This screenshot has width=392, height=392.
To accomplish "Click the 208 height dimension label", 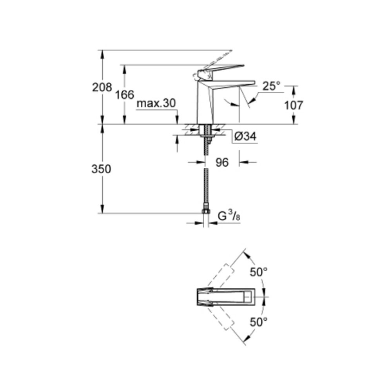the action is coord(102,87).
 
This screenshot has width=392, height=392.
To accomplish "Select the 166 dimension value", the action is coord(125,95).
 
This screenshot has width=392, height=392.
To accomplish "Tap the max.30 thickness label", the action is coord(156,103).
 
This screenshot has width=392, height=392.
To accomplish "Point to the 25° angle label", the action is coord(272,86).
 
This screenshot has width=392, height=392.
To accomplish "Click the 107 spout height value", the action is coord(294,105).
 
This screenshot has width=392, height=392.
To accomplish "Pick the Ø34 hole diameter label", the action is coord(245,136).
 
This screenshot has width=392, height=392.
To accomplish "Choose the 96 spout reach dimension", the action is coord(222,163).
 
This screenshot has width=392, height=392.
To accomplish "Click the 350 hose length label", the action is coord(101,169).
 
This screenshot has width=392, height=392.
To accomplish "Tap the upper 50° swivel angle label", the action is coord(259,272).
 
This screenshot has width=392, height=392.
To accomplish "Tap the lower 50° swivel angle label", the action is coord(259,322).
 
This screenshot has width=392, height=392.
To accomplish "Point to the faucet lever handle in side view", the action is coord(220,71).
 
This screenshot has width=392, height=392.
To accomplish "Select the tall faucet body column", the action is coord(205,102).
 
